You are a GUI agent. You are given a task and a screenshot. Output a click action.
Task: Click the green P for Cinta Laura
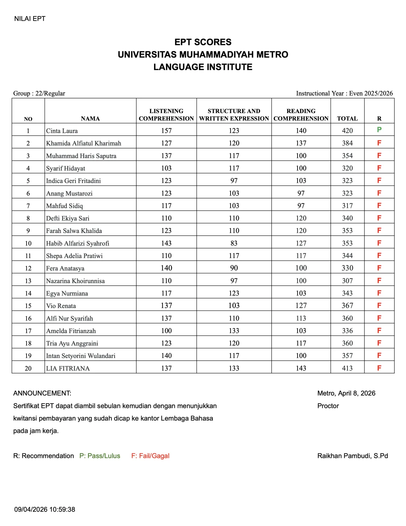point(379,130)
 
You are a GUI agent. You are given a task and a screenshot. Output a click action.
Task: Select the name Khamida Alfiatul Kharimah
point(83,143)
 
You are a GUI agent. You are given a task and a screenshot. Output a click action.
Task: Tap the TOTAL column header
point(347,119)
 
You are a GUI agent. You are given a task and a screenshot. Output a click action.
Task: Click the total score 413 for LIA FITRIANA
point(347,368)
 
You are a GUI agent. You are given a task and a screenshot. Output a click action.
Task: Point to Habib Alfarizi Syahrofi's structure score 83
point(234,243)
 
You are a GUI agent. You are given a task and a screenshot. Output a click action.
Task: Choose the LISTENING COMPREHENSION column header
point(166,115)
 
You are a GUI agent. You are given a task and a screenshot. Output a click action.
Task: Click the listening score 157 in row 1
point(166,131)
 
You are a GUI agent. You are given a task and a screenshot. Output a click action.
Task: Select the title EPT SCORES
point(203,42)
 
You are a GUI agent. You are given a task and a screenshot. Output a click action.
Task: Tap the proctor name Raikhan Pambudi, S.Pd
point(352,456)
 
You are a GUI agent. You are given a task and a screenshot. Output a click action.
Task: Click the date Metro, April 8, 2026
point(346,393)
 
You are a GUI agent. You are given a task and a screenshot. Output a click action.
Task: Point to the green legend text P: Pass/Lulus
point(100,456)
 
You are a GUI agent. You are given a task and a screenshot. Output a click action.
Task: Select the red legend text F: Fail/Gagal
point(150,456)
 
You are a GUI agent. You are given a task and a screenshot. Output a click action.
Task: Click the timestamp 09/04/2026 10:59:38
point(44,510)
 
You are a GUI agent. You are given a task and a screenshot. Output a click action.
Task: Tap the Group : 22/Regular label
point(39,93)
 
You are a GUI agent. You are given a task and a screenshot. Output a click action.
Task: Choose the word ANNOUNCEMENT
point(42,393)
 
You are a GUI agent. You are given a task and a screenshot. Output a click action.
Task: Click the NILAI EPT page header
point(30,19)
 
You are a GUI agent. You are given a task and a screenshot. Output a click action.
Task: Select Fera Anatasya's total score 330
point(347,268)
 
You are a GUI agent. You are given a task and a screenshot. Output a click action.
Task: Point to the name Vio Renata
point(61,306)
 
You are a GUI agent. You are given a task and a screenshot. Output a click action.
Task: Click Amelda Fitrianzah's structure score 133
point(234,331)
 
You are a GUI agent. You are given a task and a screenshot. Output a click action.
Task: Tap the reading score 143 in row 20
point(301,368)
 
